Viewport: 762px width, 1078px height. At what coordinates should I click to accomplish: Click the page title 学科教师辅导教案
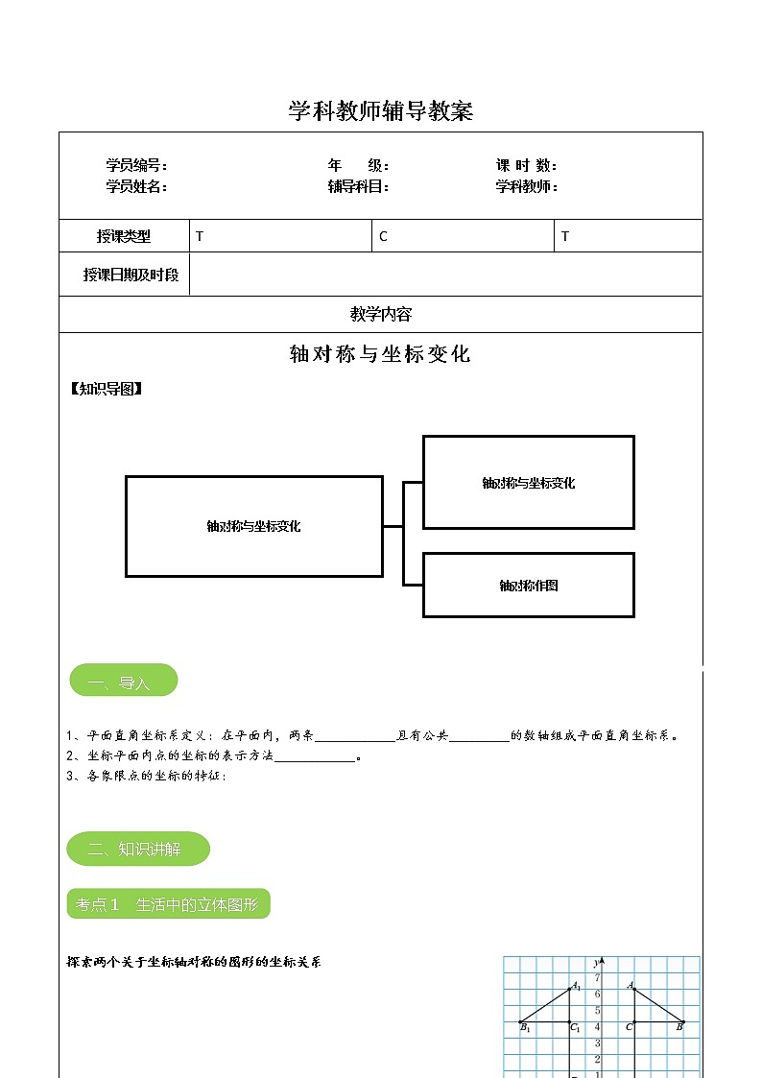pos(381,111)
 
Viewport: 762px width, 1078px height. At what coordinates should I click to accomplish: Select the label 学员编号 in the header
pos(136,166)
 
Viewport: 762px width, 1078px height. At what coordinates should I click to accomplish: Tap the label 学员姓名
pos(136,187)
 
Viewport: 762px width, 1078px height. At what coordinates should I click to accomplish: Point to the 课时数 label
pos(527,166)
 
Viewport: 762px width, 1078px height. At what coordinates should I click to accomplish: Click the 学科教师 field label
pos(527,187)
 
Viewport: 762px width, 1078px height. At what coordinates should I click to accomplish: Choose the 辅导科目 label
pos(358,187)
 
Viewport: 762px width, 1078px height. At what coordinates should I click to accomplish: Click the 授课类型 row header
pos(124,236)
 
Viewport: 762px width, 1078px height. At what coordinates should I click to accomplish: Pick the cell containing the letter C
pos(463,236)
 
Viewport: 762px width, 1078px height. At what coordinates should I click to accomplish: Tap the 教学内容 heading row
pos(381,314)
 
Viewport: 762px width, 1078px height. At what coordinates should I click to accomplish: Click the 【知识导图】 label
pos(107,389)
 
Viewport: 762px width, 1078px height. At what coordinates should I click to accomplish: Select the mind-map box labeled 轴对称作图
pos(528,585)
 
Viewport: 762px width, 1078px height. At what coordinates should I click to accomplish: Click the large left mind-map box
pos(253,526)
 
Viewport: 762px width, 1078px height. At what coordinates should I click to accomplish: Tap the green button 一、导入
pos(123,681)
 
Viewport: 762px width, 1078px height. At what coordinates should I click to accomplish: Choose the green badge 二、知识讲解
pos(137,849)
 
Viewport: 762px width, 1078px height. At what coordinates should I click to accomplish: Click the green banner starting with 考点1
pos(168,904)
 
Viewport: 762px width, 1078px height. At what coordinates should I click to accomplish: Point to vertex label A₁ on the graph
pos(576,986)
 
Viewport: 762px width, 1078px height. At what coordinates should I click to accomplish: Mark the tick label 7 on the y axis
pos(597,977)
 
